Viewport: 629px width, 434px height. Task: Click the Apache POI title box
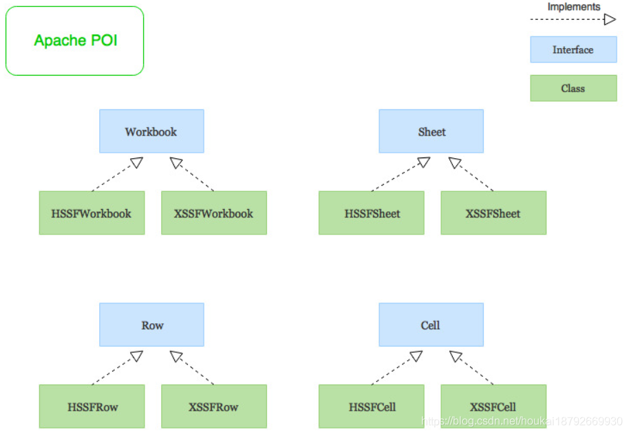coord(74,41)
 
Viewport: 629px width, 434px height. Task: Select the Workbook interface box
coord(151,131)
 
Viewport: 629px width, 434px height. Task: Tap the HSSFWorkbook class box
coord(92,213)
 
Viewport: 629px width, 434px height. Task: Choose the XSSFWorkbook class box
coord(214,213)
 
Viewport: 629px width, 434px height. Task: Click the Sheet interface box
coord(431,131)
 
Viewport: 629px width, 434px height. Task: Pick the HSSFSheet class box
coord(372,213)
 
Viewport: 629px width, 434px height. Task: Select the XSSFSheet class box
coord(493,213)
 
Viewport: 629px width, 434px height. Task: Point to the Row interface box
coord(151,325)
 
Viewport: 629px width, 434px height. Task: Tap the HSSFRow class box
coord(92,406)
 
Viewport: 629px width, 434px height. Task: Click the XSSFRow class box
coord(214,406)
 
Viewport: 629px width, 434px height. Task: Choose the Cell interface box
coord(431,325)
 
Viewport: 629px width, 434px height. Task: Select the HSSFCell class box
coord(372,406)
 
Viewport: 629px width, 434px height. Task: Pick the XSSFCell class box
coord(493,406)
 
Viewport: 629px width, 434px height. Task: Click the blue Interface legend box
coord(573,50)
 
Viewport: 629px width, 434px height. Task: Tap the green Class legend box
coord(573,89)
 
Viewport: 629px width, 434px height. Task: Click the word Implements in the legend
coord(573,7)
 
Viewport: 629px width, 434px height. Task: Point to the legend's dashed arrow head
coord(610,20)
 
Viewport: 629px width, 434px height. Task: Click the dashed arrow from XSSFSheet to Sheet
coord(472,175)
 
